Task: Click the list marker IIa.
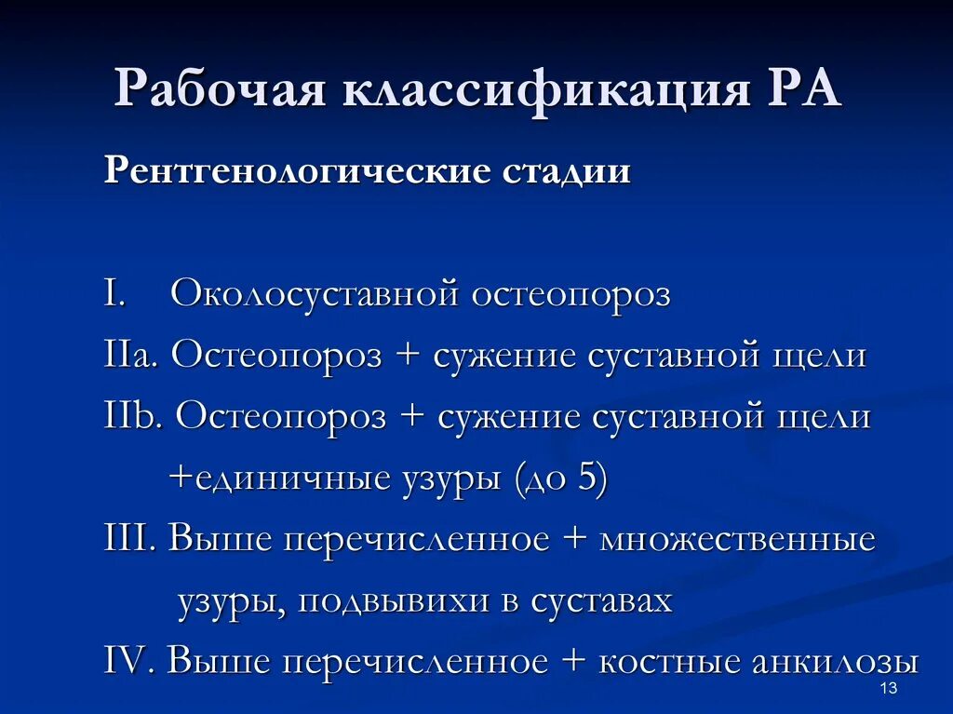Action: pyautogui.click(x=133, y=357)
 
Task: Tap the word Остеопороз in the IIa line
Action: pyautogui.click(x=276, y=357)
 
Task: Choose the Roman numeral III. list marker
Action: pyautogui.click(x=132, y=540)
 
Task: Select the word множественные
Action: pyautogui.click(x=738, y=540)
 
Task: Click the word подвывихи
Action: pyautogui.click(x=397, y=601)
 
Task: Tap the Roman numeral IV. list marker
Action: pyautogui.click(x=132, y=662)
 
